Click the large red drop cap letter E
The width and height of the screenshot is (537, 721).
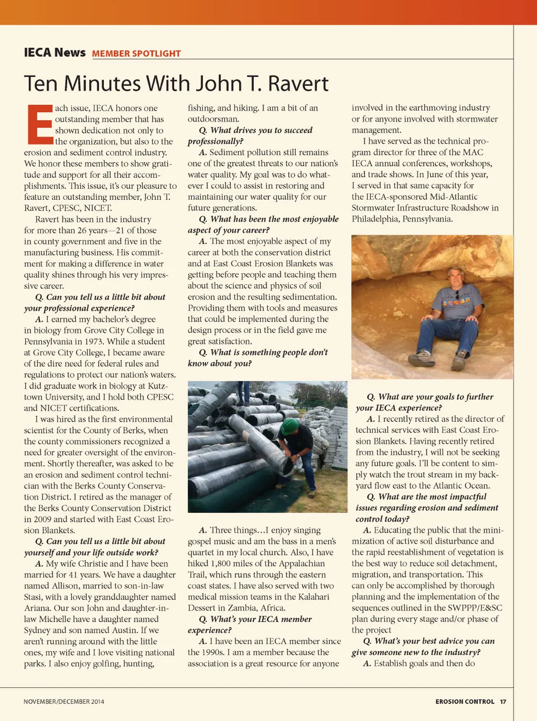[39, 124]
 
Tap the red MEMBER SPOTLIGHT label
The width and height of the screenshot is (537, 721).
[136, 53]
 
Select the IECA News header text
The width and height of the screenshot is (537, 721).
[55, 52]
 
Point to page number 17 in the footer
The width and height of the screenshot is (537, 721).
[503, 702]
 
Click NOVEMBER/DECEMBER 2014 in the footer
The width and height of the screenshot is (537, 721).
[64, 702]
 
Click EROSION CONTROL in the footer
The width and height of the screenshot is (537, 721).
[465, 702]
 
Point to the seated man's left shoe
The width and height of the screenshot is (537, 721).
[459, 361]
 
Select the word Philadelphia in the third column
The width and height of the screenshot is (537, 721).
[375, 219]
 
